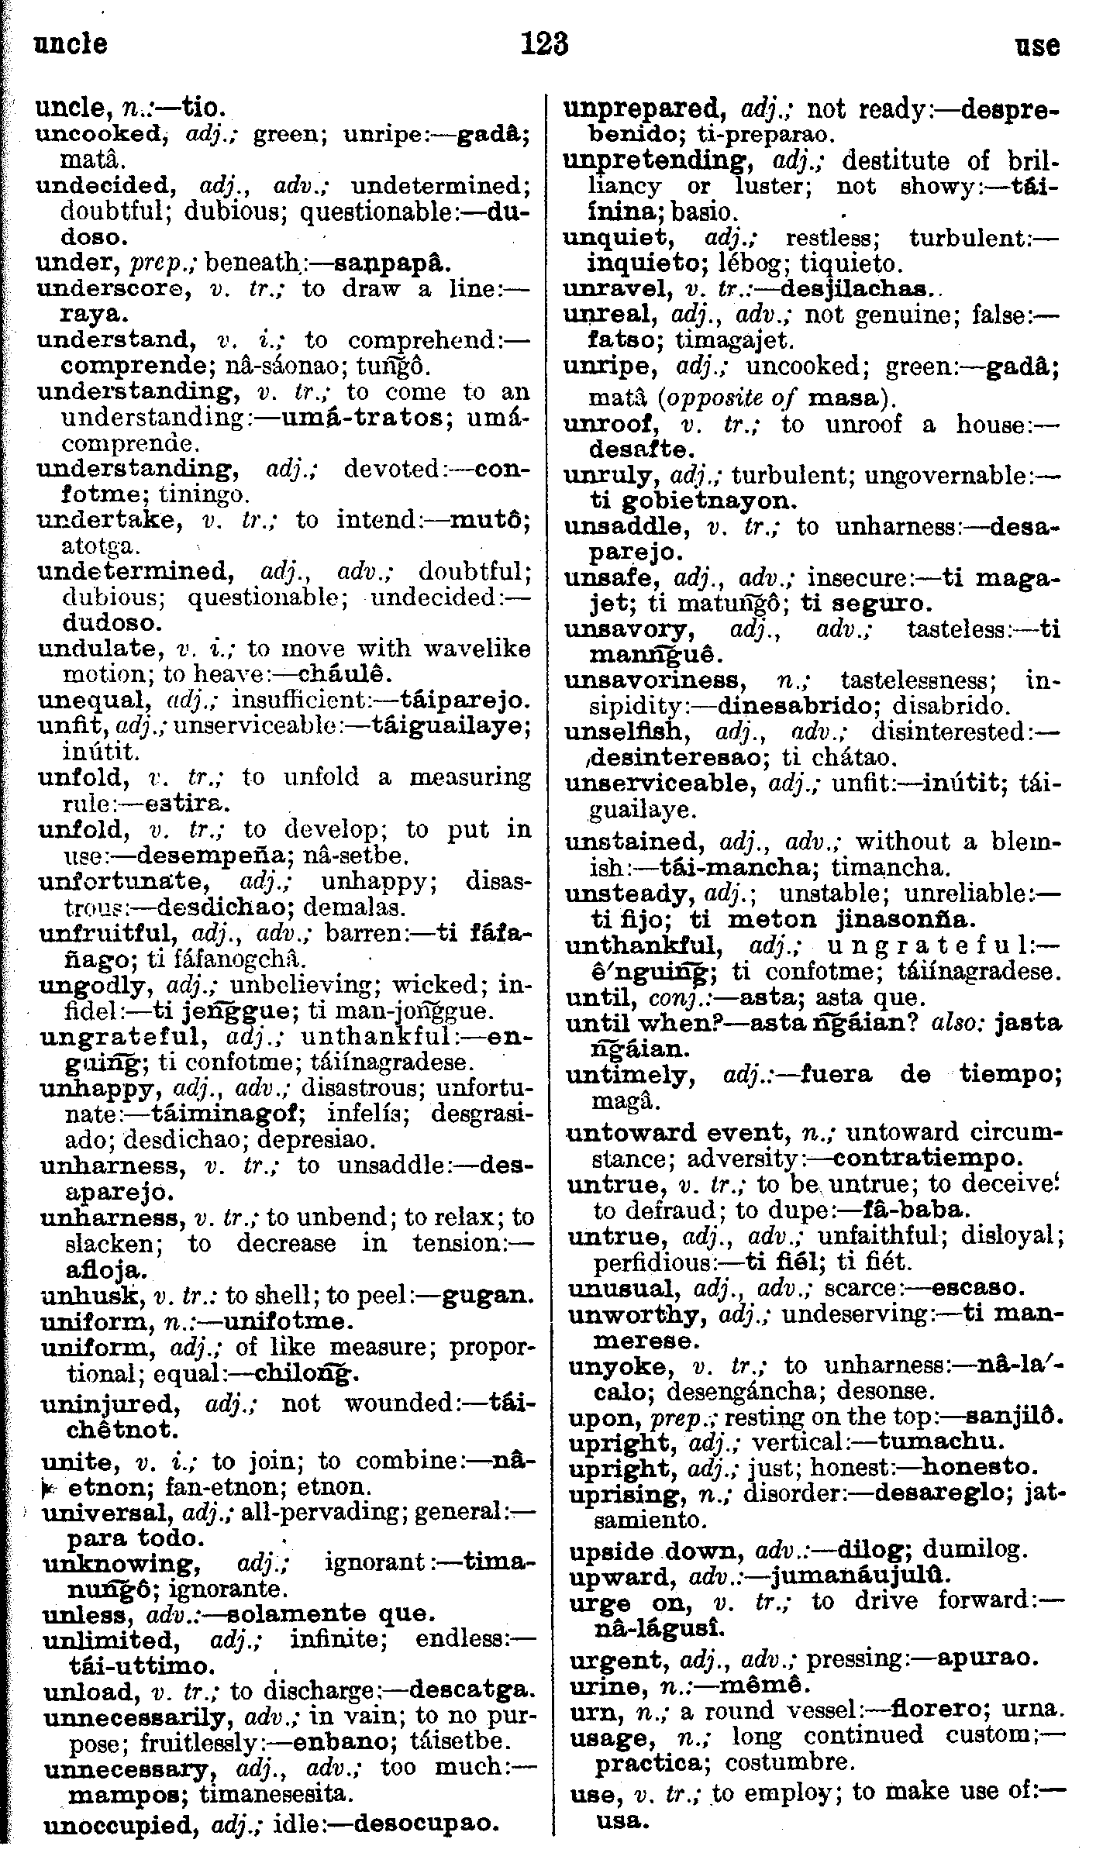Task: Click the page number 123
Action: coord(546,45)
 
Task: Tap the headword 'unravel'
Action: coord(612,289)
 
